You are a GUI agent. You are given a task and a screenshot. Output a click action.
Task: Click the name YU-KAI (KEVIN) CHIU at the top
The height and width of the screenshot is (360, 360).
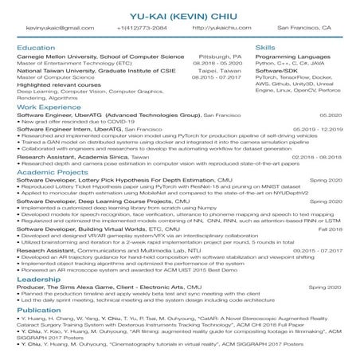[179, 11]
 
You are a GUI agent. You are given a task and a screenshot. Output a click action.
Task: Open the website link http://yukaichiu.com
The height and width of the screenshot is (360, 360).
[217, 27]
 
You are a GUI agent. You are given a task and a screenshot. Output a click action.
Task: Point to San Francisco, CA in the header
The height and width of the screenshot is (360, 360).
[304, 27]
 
